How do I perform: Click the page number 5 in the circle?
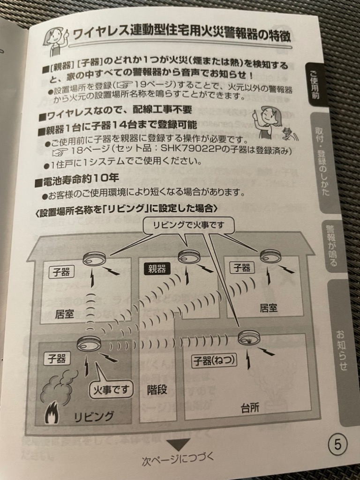337,444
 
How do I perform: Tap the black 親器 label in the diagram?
157,269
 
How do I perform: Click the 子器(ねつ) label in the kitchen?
215,360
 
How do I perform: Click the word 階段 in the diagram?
157,390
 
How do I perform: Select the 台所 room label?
250,407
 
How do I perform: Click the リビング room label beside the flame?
94,416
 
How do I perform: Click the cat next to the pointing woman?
287,133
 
